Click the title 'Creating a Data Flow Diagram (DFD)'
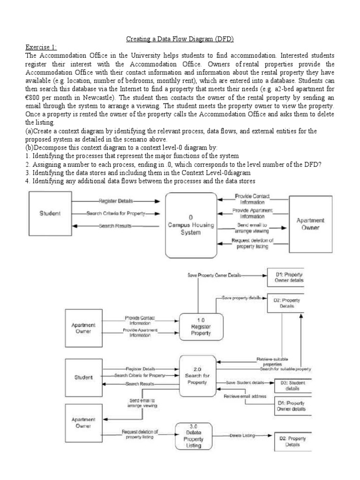(x=180, y=39)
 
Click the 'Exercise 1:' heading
(x=40, y=47)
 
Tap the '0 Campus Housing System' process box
(x=191, y=225)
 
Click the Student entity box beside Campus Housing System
(x=50, y=213)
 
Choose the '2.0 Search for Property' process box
(x=201, y=375)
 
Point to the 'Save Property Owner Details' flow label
(x=214, y=275)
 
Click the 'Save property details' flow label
(x=241, y=298)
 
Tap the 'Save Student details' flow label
(x=245, y=382)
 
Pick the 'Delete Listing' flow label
(x=242, y=435)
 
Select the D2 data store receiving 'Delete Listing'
(x=292, y=442)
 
